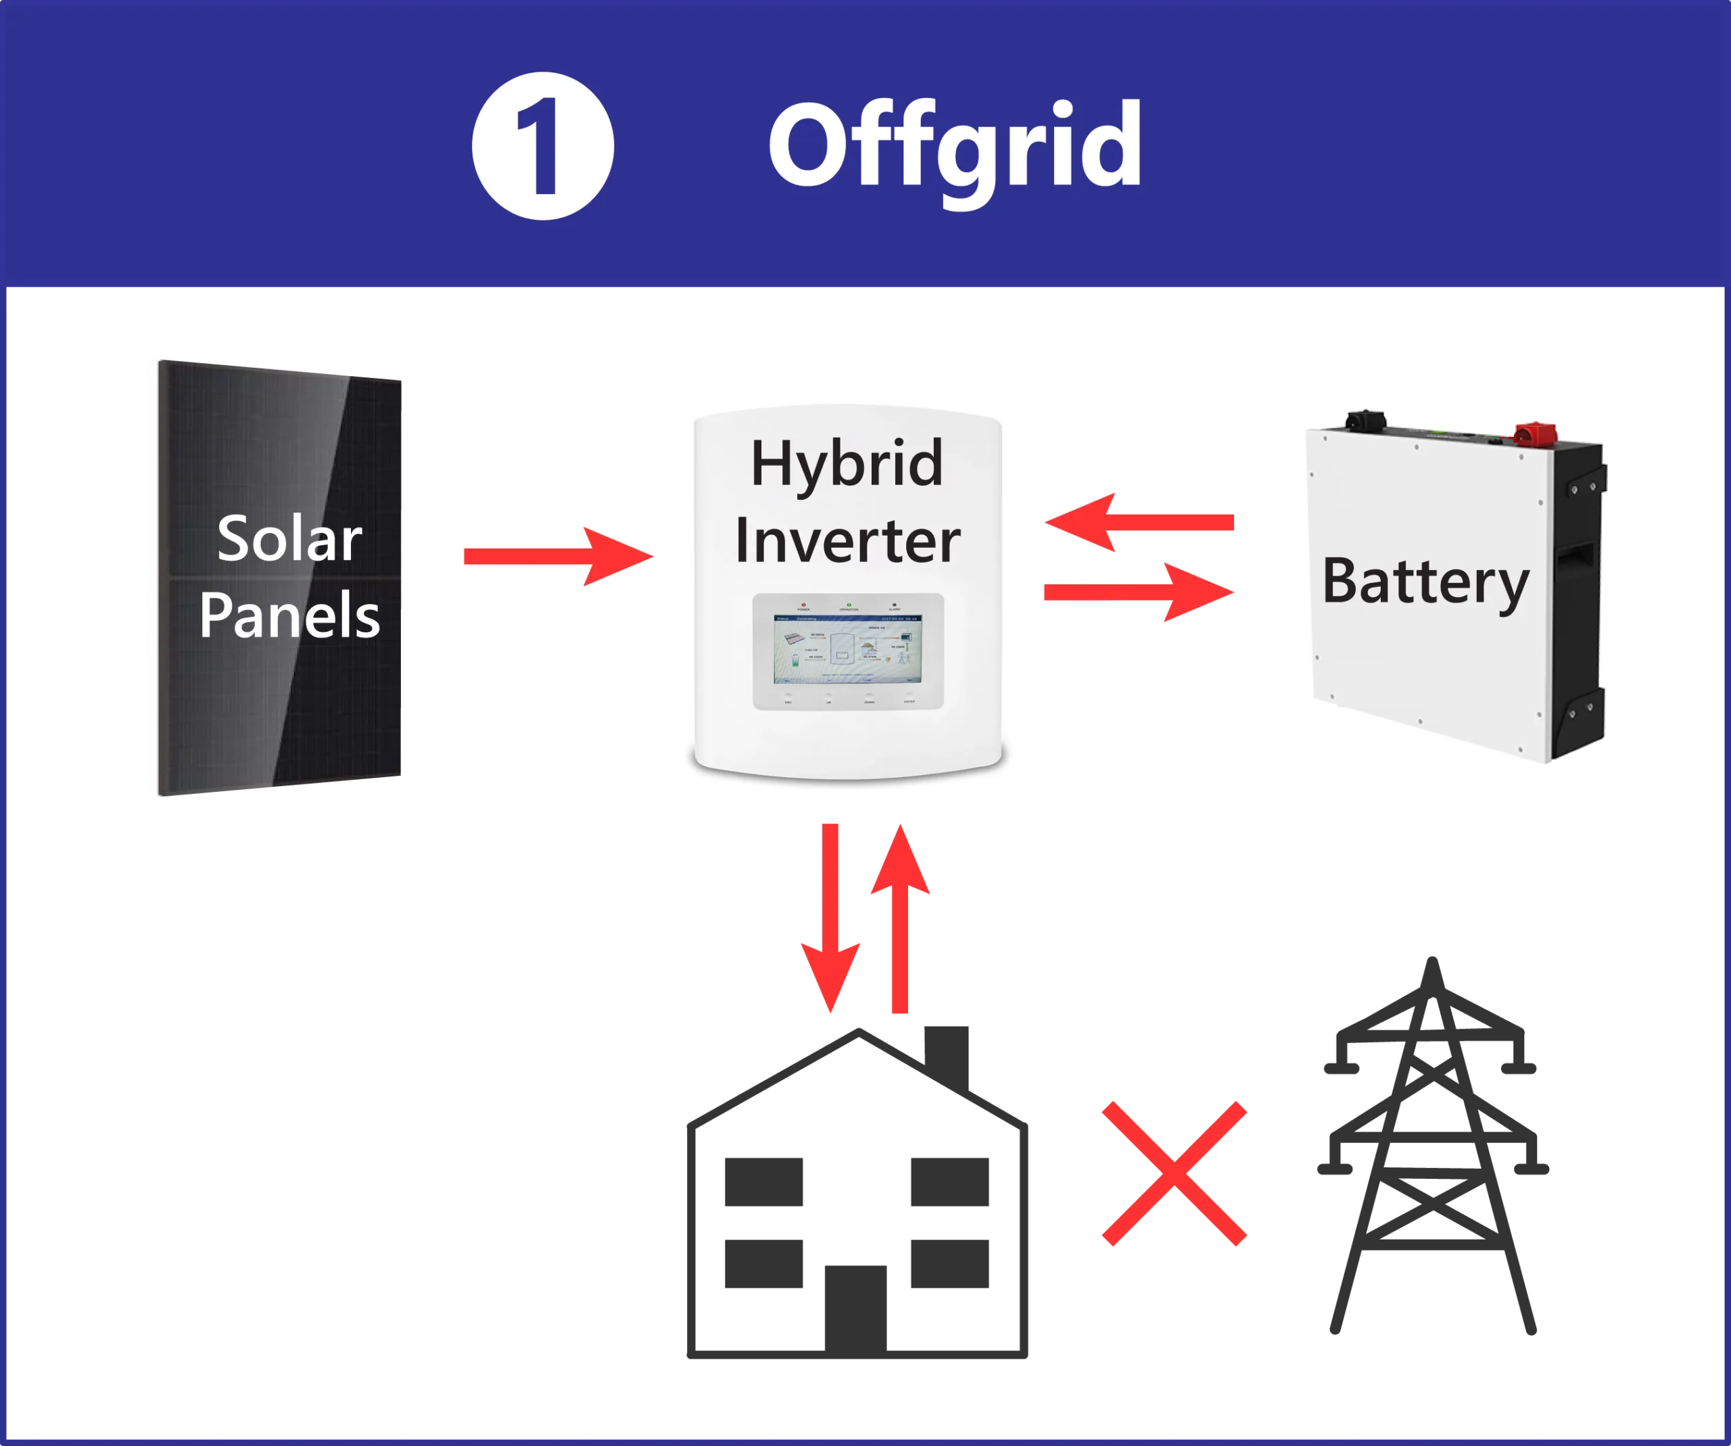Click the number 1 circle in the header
coord(542,146)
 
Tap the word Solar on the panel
coord(289,539)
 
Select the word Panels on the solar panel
coord(289,615)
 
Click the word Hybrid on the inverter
coord(847,464)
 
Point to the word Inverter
coord(847,541)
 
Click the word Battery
coord(1425,582)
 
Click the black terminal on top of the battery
coord(1367,419)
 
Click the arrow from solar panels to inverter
coord(556,557)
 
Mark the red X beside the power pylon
coord(1174,1172)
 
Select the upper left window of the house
coord(764,1179)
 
